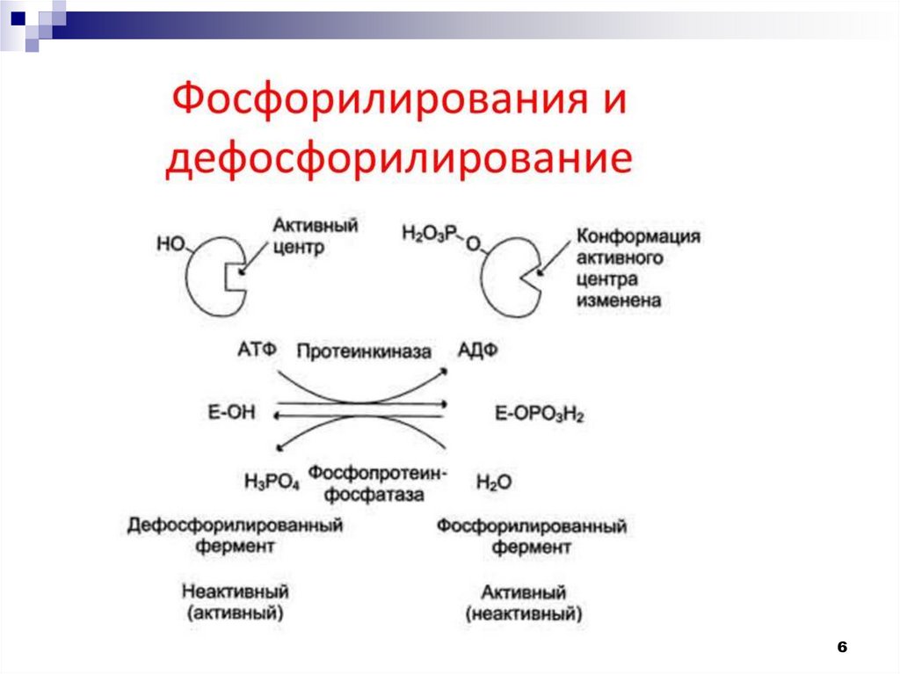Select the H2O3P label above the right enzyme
(430, 233)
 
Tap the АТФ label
(258, 350)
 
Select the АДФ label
(478, 350)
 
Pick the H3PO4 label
(272, 482)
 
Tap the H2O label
(494, 482)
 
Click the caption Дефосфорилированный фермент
(235, 536)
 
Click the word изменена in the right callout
(619, 301)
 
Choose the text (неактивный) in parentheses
(524, 614)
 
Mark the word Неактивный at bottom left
(236, 591)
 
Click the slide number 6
(841, 647)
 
